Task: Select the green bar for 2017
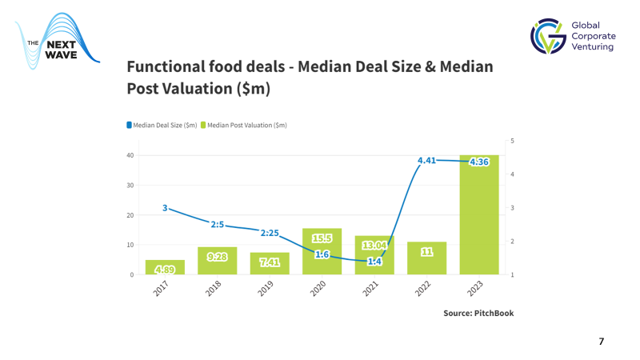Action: pos(165,267)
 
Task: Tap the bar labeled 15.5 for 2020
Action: pos(322,251)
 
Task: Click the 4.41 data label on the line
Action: pos(429,161)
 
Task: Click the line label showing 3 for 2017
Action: pos(165,208)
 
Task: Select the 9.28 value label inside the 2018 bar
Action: pos(218,257)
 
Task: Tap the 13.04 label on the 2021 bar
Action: pos(374,244)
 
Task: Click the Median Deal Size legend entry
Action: pos(162,125)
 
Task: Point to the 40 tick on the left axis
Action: pos(130,155)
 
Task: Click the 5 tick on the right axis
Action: pos(512,141)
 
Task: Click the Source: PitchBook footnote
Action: pos(478,313)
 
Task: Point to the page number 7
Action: pos(602,342)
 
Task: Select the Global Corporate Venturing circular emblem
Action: pos(548,37)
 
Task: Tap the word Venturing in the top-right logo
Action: pos(593,47)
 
